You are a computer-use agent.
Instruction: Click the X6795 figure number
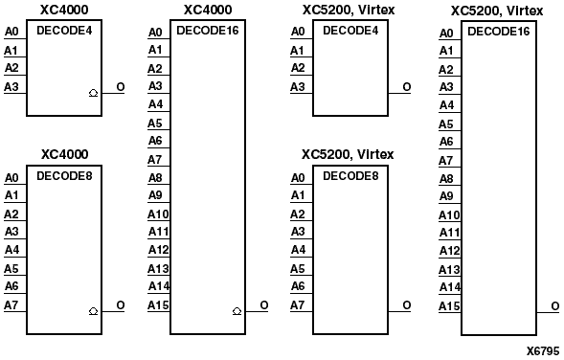coord(542,351)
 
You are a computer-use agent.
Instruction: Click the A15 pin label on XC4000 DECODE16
coord(157,304)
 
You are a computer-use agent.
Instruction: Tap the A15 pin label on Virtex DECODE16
coord(449,305)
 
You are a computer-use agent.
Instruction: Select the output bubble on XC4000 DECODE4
coord(93,93)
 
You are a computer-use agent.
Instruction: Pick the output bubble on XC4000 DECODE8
coord(93,311)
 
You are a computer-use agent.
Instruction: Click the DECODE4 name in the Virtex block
coord(350,31)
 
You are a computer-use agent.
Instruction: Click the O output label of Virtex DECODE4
coord(407,87)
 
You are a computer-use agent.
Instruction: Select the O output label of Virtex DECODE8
coord(407,304)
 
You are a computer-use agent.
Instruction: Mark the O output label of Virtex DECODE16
coord(555,305)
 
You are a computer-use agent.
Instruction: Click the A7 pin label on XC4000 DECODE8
coord(11,304)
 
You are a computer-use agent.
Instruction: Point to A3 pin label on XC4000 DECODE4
coord(11,87)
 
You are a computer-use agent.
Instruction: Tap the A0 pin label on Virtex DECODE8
coord(298,177)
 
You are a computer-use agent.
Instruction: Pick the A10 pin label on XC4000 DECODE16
coord(157,214)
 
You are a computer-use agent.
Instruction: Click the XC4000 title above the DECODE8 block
coord(64,154)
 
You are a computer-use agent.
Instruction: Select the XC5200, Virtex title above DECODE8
coord(348,154)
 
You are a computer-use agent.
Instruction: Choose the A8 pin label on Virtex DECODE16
coord(446,178)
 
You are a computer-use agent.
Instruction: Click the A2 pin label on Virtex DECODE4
coord(298,68)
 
